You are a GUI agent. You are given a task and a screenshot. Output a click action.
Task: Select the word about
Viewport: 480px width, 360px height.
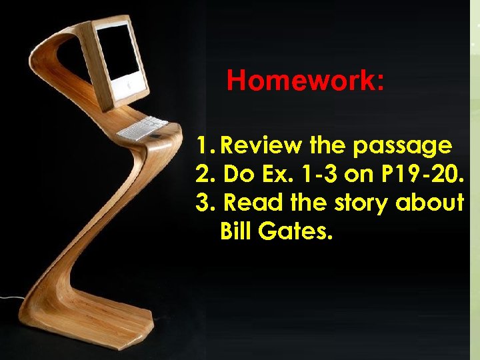pos(430,203)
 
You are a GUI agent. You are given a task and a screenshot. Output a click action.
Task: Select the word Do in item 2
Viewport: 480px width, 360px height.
pos(234,173)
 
